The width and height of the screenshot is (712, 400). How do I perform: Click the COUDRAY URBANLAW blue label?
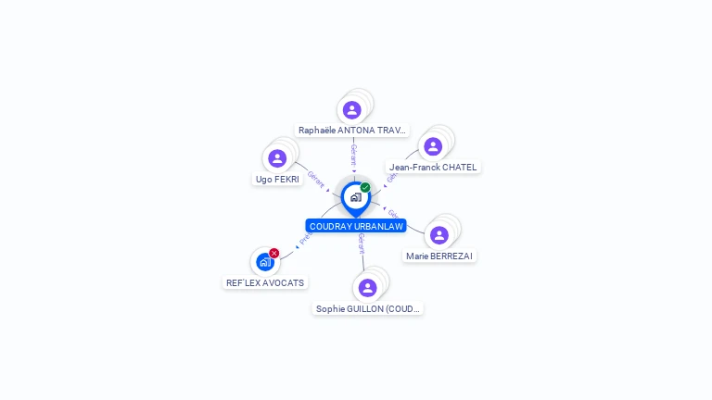click(x=356, y=226)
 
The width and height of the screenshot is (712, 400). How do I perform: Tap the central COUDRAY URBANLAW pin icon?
click(x=355, y=197)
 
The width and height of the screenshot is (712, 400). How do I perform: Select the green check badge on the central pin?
click(x=365, y=188)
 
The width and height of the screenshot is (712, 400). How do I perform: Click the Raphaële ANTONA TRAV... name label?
click(x=352, y=131)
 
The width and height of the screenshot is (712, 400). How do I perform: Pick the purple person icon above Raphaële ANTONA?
click(x=351, y=110)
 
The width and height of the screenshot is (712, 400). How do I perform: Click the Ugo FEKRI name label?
click(x=277, y=179)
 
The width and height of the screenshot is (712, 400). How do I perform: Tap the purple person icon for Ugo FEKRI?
click(x=276, y=158)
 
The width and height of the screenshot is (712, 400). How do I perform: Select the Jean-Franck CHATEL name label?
click(x=433, y=168)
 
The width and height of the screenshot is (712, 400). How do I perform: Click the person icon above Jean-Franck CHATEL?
click(x=432, y=146)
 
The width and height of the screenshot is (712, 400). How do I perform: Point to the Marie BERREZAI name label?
click(x=440, y=256)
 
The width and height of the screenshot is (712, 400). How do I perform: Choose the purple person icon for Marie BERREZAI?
click(x=439, y=235)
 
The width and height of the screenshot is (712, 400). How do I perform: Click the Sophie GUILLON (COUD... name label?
click(x=368, y=308)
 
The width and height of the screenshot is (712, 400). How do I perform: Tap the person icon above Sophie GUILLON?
click(x=367, y=288)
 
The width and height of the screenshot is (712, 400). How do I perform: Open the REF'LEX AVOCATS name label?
click(x=265, y=282)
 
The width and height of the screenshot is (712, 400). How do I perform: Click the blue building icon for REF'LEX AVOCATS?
click(x=264, y=262)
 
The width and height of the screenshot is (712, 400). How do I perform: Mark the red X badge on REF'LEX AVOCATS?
click(x=274, y=253)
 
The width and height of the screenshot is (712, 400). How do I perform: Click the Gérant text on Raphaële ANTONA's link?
click(x=353, y=154)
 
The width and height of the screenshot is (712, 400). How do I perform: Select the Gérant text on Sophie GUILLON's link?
click(x=362, y=244)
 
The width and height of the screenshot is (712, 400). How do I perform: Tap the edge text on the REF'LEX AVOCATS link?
click(x=305, y=238)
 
